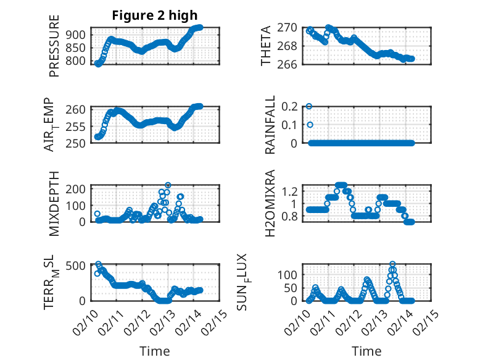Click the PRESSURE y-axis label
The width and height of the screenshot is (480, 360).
click(x=54, y=50)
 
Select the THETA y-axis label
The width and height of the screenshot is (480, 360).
click(x=266, y=46)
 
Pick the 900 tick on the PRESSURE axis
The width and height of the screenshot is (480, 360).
click(x=79, y=35)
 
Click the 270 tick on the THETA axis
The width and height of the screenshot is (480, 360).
click(x=291, y=27)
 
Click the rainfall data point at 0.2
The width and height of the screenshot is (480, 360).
click(x=309, y=106)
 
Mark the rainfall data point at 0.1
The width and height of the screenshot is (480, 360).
click(x=310, y=125)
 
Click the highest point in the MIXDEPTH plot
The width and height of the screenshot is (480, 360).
click(x=168, y=185)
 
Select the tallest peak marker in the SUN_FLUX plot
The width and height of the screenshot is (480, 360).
click(x=392, y=264)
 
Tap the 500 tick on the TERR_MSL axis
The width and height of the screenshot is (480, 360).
click(x=79, y=266)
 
